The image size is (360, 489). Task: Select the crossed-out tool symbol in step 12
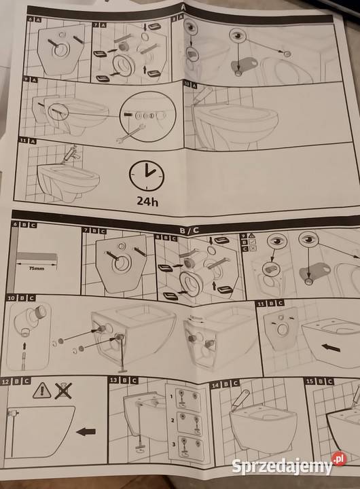63,390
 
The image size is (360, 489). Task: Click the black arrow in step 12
86,431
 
